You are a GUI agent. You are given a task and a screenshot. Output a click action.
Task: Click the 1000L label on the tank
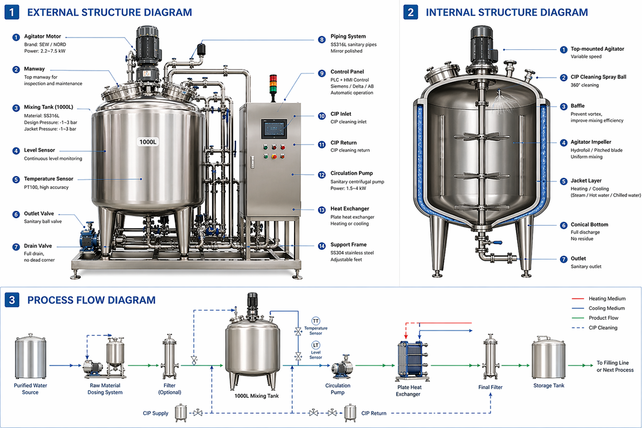click(x=148, y=142)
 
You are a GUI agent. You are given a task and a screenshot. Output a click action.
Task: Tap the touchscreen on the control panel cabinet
click(x=273, y=129)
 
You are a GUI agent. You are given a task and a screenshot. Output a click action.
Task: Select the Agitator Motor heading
click(x=42, y=37)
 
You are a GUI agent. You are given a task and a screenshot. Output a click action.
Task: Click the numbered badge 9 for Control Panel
click(x=322, y=72)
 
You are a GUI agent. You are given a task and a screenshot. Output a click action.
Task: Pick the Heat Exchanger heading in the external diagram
click(x=350, y=209)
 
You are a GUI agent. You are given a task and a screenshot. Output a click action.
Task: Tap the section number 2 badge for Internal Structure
click(x=410, y=13)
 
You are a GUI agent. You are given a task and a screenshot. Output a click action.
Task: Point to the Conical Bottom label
click(x=589, y=225)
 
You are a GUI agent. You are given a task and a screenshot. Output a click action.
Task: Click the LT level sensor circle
click(x=316, y=345)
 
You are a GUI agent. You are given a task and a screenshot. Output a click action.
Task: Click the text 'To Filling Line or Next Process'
click(x=615, y=366)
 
